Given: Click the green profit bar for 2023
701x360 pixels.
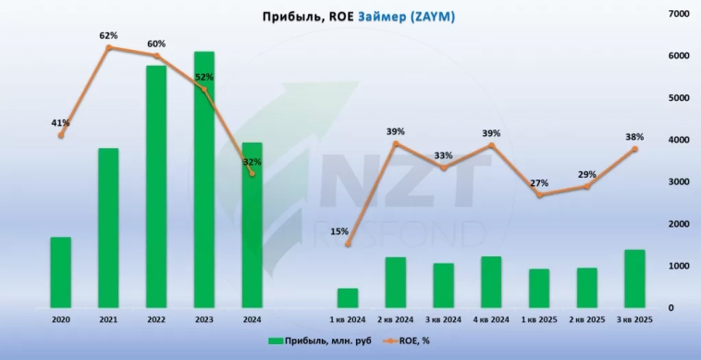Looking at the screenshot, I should coord(204,180).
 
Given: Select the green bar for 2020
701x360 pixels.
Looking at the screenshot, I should coord(61,272).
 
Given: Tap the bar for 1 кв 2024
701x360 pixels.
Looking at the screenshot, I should coord(347,297).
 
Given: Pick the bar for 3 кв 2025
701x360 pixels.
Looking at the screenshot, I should coord(634,279).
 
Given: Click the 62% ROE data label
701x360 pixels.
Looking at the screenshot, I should coord(108,36).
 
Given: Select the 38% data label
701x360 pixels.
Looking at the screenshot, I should coord(634,137).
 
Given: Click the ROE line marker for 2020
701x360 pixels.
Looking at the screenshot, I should coord(61,135).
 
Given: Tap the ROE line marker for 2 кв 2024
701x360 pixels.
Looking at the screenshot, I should coord(396,143).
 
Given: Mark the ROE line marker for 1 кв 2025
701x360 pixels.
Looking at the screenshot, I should coord(539,194).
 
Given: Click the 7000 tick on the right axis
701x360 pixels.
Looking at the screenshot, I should coord(678,14).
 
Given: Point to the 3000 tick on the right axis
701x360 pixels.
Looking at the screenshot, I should coord(678,181).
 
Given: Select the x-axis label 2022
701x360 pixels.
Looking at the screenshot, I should coord(156,320).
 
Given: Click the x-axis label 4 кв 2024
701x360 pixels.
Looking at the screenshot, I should coord(491,320).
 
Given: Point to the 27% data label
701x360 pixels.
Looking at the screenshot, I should coord(539,183).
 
